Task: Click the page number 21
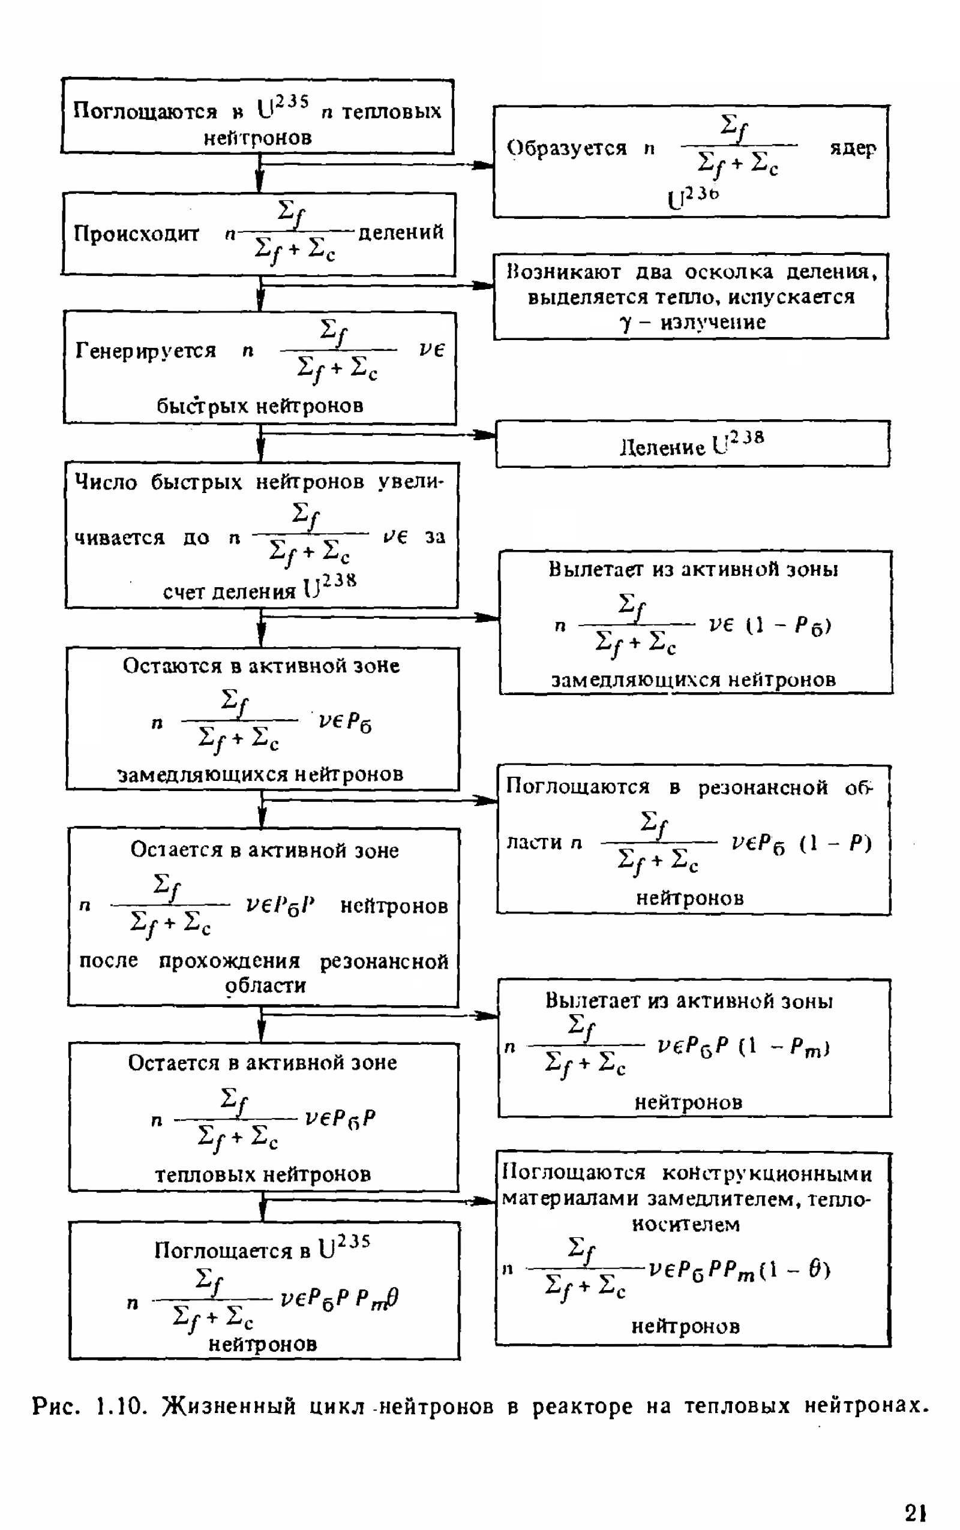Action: (x=915, y=1513)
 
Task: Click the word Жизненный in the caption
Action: (x=229, y=1406)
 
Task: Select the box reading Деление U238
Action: (x=692, y=444)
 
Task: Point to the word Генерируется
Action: (x=145, y=350)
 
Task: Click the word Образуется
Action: (x=566, y=148)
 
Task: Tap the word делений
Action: (x=401, y=233)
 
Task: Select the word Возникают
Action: (x=563, y=272)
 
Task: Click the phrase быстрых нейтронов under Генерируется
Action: (x=260, y=405)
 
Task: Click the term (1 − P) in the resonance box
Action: (x=836, y=843)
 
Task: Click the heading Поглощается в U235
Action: (x=262, y=1249)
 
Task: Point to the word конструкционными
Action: (x=767, y=1173)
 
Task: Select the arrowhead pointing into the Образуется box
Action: (x=485, y=165)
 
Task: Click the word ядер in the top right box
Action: (x=853, y=148)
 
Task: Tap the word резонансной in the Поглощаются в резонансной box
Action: (x=763, y=787)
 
